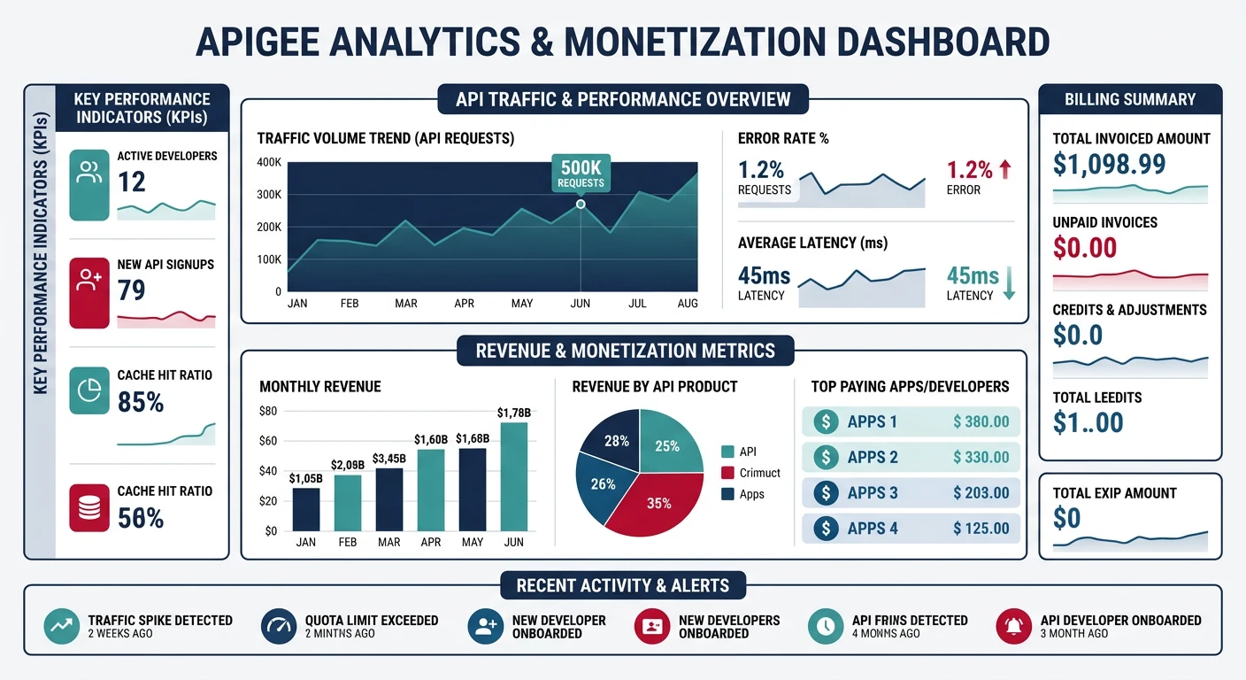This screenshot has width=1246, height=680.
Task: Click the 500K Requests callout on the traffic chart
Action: click(581, 174)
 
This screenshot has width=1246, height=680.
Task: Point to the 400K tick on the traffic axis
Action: click(268, 162)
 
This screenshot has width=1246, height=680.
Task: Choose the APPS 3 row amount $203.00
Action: click(981, 492)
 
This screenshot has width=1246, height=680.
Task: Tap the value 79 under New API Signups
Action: click(132, 290)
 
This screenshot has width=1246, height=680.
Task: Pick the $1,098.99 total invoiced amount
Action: click(1109, 164)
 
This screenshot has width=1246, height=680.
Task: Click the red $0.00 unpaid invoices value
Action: click(1085, 248)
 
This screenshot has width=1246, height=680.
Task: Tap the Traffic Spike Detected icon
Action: click(62, 627)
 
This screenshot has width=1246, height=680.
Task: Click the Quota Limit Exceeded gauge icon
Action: click(280, 627)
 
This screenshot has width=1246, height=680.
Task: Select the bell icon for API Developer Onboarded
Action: click(1014, 627)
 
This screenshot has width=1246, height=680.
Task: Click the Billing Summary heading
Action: click(1130, 99)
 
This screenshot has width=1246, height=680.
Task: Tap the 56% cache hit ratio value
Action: click(141, 517)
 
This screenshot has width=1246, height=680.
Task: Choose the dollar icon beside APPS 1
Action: click(826, 421)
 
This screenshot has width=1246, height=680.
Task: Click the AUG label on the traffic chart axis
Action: click(687, 303)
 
